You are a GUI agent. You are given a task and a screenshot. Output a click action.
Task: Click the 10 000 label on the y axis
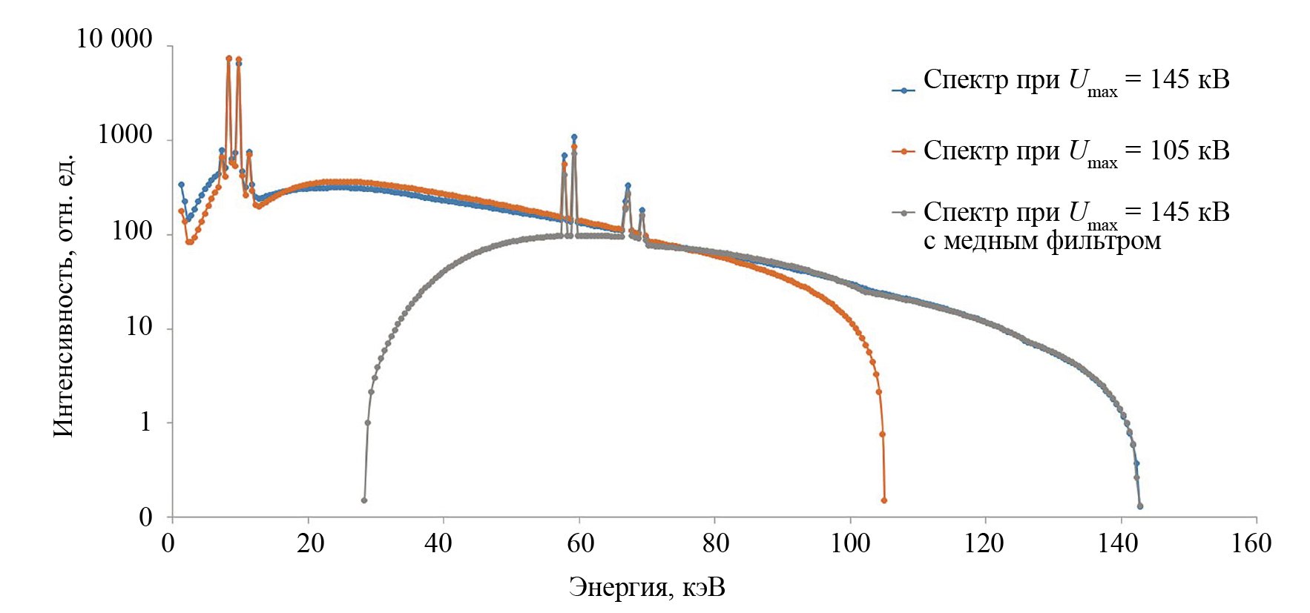click(x=114, y=39)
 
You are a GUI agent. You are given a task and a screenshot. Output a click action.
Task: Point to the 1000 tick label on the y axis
click(x=125, y=135)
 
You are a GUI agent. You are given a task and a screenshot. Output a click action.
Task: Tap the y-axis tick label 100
click(x=132, y=231)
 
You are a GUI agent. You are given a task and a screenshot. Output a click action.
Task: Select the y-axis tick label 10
click(x=139, y=326)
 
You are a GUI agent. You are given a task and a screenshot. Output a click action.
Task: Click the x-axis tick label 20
click(x=311, y=543)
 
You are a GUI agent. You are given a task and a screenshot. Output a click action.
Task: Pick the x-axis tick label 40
click(x=438, y=543)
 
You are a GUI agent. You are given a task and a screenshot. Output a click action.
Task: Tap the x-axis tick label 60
click(x=580, y=543)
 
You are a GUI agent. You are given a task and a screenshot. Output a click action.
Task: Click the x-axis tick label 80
click(x=716, y=543)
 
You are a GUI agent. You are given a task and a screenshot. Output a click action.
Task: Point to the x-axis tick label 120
click(x=984, y=543)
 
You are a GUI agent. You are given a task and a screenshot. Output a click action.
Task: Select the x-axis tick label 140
click(x=1117, y=543)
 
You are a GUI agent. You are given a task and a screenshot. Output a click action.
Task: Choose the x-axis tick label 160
click(x=1251, y=543)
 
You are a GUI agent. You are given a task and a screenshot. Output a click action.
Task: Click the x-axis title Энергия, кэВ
click(x=647, y=587)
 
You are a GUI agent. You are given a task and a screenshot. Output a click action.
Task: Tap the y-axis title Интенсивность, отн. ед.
click(x=64, y=295)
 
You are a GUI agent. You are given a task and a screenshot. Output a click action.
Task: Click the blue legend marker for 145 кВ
click(x=903, y=90)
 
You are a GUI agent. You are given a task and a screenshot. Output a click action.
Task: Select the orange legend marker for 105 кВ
click(x=903, y=152)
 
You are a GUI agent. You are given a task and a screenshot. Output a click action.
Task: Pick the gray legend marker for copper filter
click(x=903, y=213)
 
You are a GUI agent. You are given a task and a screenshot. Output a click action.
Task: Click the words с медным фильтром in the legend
click(x=1041, y=241)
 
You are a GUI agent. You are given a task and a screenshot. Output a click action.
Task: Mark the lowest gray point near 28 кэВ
click(x=363, y=500)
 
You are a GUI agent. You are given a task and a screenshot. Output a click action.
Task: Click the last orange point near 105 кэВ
click(x=883, y=500)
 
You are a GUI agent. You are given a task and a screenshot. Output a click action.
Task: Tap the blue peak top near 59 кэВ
click(x=574, y=137)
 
